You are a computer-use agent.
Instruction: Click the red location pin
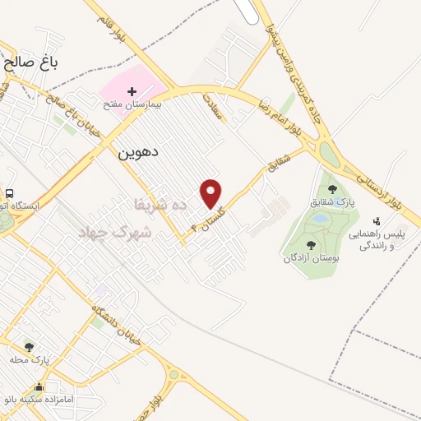[x=211, y=192]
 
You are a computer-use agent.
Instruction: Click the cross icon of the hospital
[x=132, y=90]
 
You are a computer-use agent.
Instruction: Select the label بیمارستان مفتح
[x=132, y=105]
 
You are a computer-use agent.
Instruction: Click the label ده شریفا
[x=160, y=203]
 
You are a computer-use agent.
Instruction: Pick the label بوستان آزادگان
[x=311, y=257]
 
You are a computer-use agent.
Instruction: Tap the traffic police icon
[x=377, y=220]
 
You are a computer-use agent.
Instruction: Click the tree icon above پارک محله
[x=30, y=347]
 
